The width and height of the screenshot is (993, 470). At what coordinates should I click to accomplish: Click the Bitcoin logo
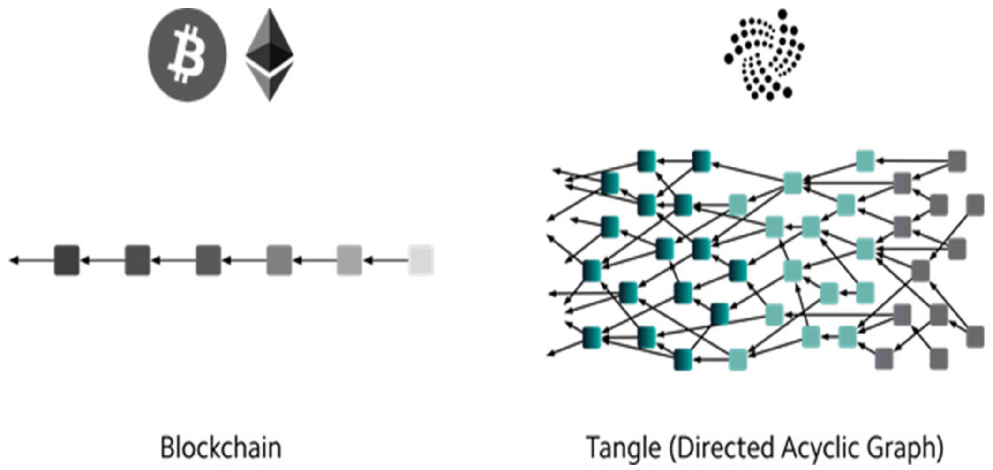[x=187, y=54]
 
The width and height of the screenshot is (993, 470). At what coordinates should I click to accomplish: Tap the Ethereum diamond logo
[x=270, y=54]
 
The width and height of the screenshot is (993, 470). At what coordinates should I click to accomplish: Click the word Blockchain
[x=221, y=447]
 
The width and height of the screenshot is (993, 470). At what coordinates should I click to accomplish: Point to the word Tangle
[x=624, y=447]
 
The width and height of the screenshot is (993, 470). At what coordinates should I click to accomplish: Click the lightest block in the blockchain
[x=421, y=260]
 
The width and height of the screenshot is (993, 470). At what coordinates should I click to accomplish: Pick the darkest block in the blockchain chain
[x=67, y=260]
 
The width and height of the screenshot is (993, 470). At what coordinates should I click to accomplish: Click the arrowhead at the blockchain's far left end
[x=14, y=260]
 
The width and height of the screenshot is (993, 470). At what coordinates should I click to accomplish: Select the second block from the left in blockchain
[x=137, y=260]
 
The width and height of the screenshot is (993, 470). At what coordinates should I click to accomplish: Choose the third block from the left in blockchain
[x=208, y=260]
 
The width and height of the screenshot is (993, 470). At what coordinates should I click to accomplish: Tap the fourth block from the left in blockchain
[x=279, y=260]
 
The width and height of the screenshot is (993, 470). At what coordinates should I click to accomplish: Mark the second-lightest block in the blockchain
[x=349, y=260]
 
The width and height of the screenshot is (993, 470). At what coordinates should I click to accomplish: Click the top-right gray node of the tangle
[x=957, y=161]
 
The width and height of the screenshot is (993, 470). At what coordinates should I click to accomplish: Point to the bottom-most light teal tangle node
[x=737, y=359]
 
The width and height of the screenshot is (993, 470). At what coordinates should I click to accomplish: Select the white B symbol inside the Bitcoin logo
[x=187, y=55]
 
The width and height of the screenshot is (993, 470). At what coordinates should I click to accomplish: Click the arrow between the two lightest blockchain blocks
[x=385, y=260]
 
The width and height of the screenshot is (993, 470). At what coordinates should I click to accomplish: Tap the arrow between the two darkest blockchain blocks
[x=102, y=260]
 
